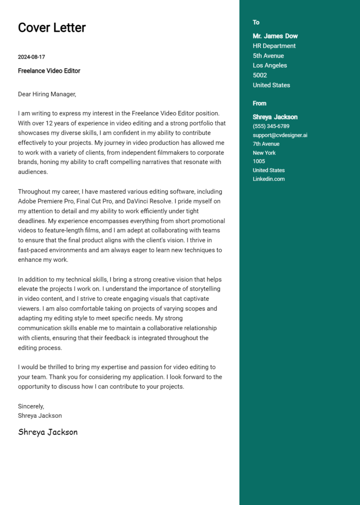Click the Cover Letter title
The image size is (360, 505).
(x=52, y=28)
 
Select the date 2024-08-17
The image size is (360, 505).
(x=31, y=57)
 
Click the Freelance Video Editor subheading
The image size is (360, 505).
(x=49, y=71)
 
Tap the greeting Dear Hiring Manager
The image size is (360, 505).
(x=47, y=94)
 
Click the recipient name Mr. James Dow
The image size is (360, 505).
(x=275, y=36)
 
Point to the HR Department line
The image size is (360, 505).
(x=274, y=46)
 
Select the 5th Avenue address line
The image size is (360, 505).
(x=268, y=56)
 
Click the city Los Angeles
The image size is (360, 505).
(x=270, y=66)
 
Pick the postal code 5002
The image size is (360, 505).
(x=260, y=75)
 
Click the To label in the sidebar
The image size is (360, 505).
(x=256, y=22)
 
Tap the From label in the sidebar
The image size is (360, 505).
(x=259, y=104)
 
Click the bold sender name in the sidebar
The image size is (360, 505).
(x=275, y=117)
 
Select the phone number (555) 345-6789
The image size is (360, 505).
(x=271, y=126)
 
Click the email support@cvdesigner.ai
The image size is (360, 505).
(x=280, y=135)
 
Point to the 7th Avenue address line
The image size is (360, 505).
(x=266, y=144)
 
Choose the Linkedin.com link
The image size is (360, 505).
(x=269, y=179)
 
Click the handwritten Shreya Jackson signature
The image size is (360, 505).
(x=48, y=432)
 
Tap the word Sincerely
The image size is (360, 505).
(x=31, y=406)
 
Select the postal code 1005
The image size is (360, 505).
(x=259, y=161)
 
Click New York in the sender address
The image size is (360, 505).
(x=264, y=153)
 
